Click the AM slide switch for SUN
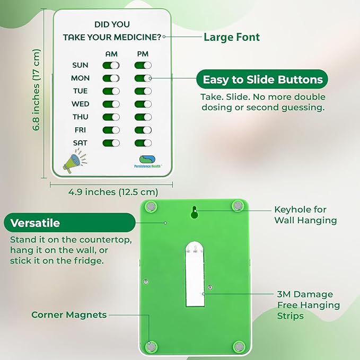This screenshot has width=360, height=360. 111,65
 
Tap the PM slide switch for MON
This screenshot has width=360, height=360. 143,78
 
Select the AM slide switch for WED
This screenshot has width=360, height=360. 111,104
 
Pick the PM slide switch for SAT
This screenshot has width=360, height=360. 143,143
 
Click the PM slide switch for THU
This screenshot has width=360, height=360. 143,117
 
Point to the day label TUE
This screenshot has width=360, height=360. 80,91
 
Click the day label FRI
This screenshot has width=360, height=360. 81,130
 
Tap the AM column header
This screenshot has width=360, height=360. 111,54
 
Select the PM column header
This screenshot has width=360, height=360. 143,54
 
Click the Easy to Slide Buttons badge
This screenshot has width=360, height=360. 262,80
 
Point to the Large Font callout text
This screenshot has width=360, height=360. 232,37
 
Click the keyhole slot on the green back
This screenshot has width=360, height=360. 195,212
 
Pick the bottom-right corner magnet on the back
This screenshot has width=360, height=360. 239,347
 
